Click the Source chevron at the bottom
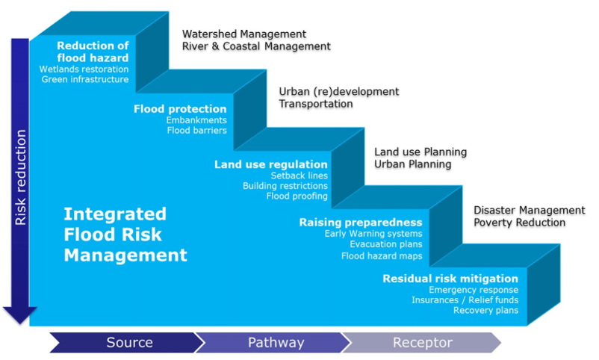click(x=128, y=343)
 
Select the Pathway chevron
click(x=276, y=343)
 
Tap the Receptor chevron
click(x=422, y=343)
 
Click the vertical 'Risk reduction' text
click(x=20, y=177)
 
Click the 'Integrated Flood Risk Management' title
click(x=125, y=235)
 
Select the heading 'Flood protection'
click(x=180, y=109)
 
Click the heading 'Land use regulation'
click(x=270, y=164)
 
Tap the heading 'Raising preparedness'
click(x=361, y=222)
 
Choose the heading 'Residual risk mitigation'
click(x=450, y=279)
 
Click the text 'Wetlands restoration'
click(x=84, y=69)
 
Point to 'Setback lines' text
click(x=299, y=176)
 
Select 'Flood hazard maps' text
click(x=382, y=255)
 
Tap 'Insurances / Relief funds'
click(x=465, y=300)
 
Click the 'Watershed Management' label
click(x=244, y=34)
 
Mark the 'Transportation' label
click(x=316, y=104)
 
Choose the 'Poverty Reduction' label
click(x=519, y=223)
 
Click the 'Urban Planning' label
click(x=413, y=164)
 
